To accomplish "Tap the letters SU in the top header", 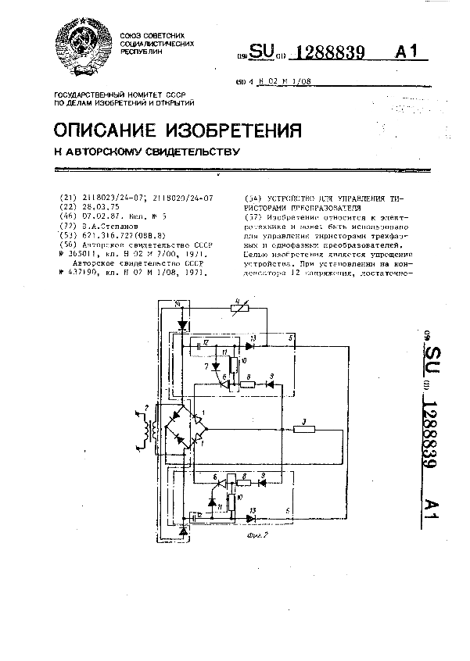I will tap(264, 52).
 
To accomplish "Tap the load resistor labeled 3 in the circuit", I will tap(303, 428).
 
